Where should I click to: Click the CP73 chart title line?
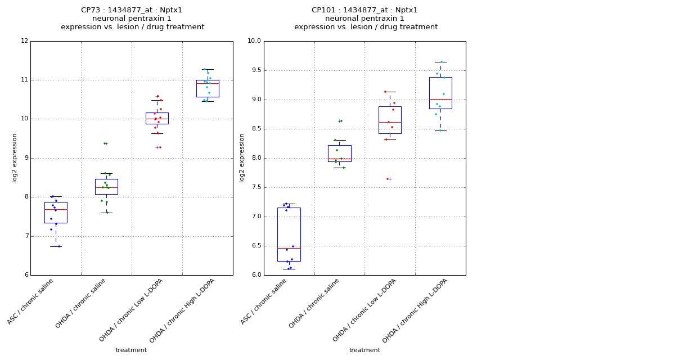132,10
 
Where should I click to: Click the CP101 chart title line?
365,10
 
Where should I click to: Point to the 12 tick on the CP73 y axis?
24,41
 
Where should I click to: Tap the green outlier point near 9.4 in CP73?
104,143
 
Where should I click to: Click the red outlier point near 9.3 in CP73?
160,147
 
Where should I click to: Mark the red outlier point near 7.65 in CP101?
387,179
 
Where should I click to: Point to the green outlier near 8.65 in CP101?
341,121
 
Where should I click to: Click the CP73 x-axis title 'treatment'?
131,350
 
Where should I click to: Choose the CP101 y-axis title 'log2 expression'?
242,157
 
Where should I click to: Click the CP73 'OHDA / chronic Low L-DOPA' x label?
132,309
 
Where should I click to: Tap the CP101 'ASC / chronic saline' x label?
264,301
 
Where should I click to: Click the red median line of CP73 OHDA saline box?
106,187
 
